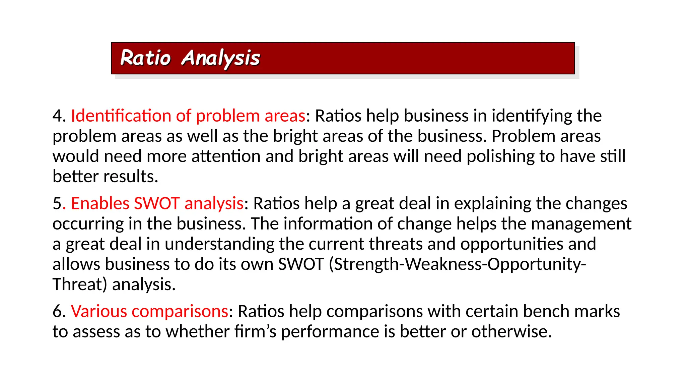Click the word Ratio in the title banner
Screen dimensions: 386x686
145,58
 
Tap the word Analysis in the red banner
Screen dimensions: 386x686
220,59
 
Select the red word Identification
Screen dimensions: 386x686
121,116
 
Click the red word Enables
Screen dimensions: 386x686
100,203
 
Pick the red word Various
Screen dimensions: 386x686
99,311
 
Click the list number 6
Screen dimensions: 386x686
57,311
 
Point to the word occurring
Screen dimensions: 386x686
88,224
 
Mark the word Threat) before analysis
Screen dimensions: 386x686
80,284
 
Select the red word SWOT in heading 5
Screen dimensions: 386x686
157,203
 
